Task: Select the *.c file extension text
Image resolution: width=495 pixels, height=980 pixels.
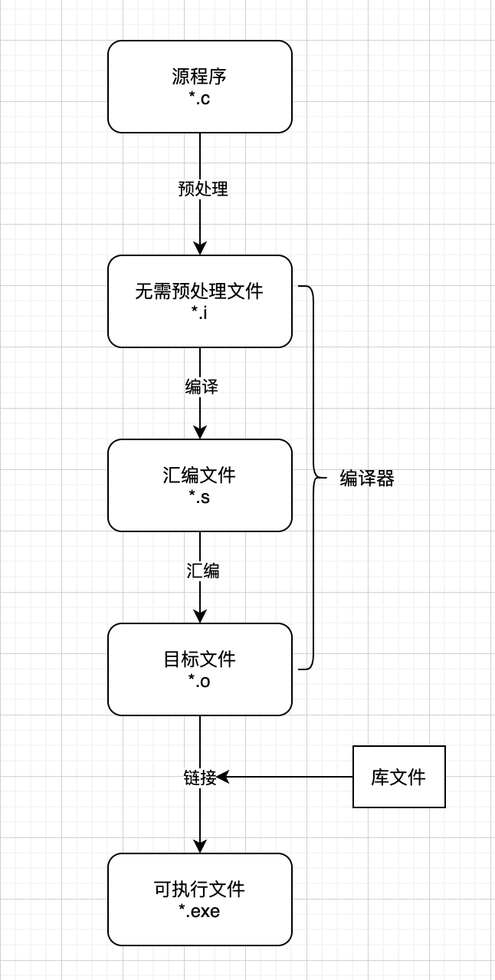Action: pyautogui.click(x=200, y=98)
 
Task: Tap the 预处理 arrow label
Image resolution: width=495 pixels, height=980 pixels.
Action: pyautogui.click(x=203, y=189)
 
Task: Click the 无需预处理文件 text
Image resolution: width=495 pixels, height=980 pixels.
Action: pyautogui.click(x=199, y=291)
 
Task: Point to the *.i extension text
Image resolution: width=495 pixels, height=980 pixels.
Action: pyautogui.click(x=200, y=313)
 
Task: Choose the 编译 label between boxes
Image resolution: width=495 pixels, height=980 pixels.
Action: pyautogui.click(x=202, y=387)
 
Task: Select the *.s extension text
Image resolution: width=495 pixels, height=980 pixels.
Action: pyautogui.click(x=200, y=497)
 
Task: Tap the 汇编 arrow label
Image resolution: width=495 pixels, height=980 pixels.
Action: pyautogui.click(x=203, y=571)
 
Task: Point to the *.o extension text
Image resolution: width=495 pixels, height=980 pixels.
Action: pyautogui.click(x=200, y=681)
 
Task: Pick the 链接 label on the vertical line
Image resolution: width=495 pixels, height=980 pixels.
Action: pyautogui.click(x=200, y=778)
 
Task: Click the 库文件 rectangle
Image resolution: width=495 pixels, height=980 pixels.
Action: pyautogui.click(x=398, y=777)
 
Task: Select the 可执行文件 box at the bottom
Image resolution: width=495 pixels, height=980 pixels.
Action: pyautogui.click(x=200, y=899)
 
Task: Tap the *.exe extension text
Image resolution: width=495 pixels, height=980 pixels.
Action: pyautogui.click(x=200, y=912)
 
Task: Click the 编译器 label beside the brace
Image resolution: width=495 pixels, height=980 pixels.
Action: pyautogui.click(x=367, y=479)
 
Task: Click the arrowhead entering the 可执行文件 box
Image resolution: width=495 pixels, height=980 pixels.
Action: pyautogui.click(x=200, y=846)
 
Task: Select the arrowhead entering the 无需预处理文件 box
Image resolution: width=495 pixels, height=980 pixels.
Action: pyautogui.click(x=200, y=248)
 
